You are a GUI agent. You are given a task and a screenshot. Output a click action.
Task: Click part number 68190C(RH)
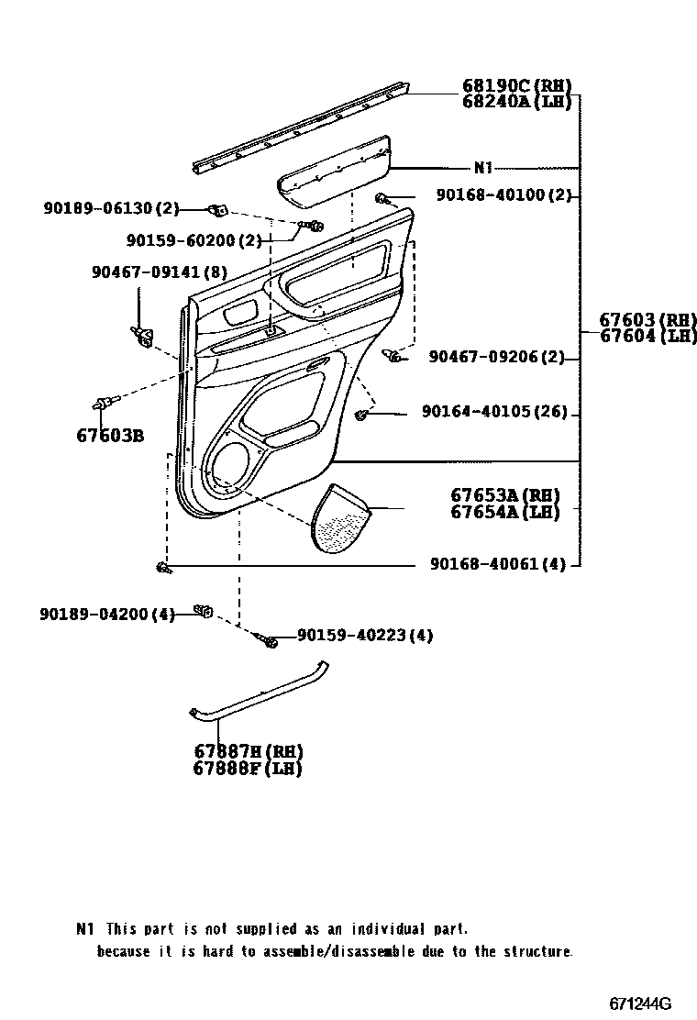[x=516, y=87]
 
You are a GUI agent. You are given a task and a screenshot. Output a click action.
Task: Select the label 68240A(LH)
[x=516, y=102]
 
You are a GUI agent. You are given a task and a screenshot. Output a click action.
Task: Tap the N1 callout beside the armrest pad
[x=483, y=168]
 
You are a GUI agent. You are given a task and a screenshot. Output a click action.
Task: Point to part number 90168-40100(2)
[x=503, y=195]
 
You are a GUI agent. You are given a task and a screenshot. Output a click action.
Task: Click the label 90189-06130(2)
[x=111, y=209]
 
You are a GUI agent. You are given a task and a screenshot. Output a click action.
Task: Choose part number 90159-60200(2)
[x=194, y=240]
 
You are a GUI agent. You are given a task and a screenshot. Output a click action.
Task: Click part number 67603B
[x=109, y=435]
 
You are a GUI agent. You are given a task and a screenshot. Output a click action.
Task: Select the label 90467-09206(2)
[x=496, y=357]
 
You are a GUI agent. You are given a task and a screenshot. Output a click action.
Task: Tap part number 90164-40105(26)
[x=494, y=414]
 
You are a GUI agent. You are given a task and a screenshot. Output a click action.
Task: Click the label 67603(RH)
[x=647, y=320]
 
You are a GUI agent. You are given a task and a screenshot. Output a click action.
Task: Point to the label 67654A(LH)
[x=504, y=513]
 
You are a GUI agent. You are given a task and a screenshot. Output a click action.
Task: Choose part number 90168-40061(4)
[x=497, y=564]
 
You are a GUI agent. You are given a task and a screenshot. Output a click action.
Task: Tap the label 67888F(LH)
[x=247, y=769]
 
